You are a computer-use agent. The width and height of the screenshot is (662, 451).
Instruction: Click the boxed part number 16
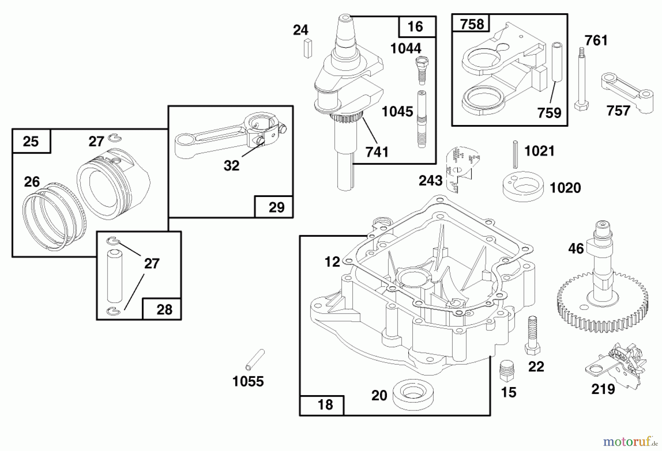(416, 26)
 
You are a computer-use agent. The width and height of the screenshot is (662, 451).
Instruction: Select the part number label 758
(472, 24)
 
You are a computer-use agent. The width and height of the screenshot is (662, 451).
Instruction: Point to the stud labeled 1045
(422, 119)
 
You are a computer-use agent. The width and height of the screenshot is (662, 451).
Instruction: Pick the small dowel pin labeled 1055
(255, 359)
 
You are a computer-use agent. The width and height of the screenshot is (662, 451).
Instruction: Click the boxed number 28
(164, 309)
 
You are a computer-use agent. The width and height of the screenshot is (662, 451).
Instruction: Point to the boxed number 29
(276, 207)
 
